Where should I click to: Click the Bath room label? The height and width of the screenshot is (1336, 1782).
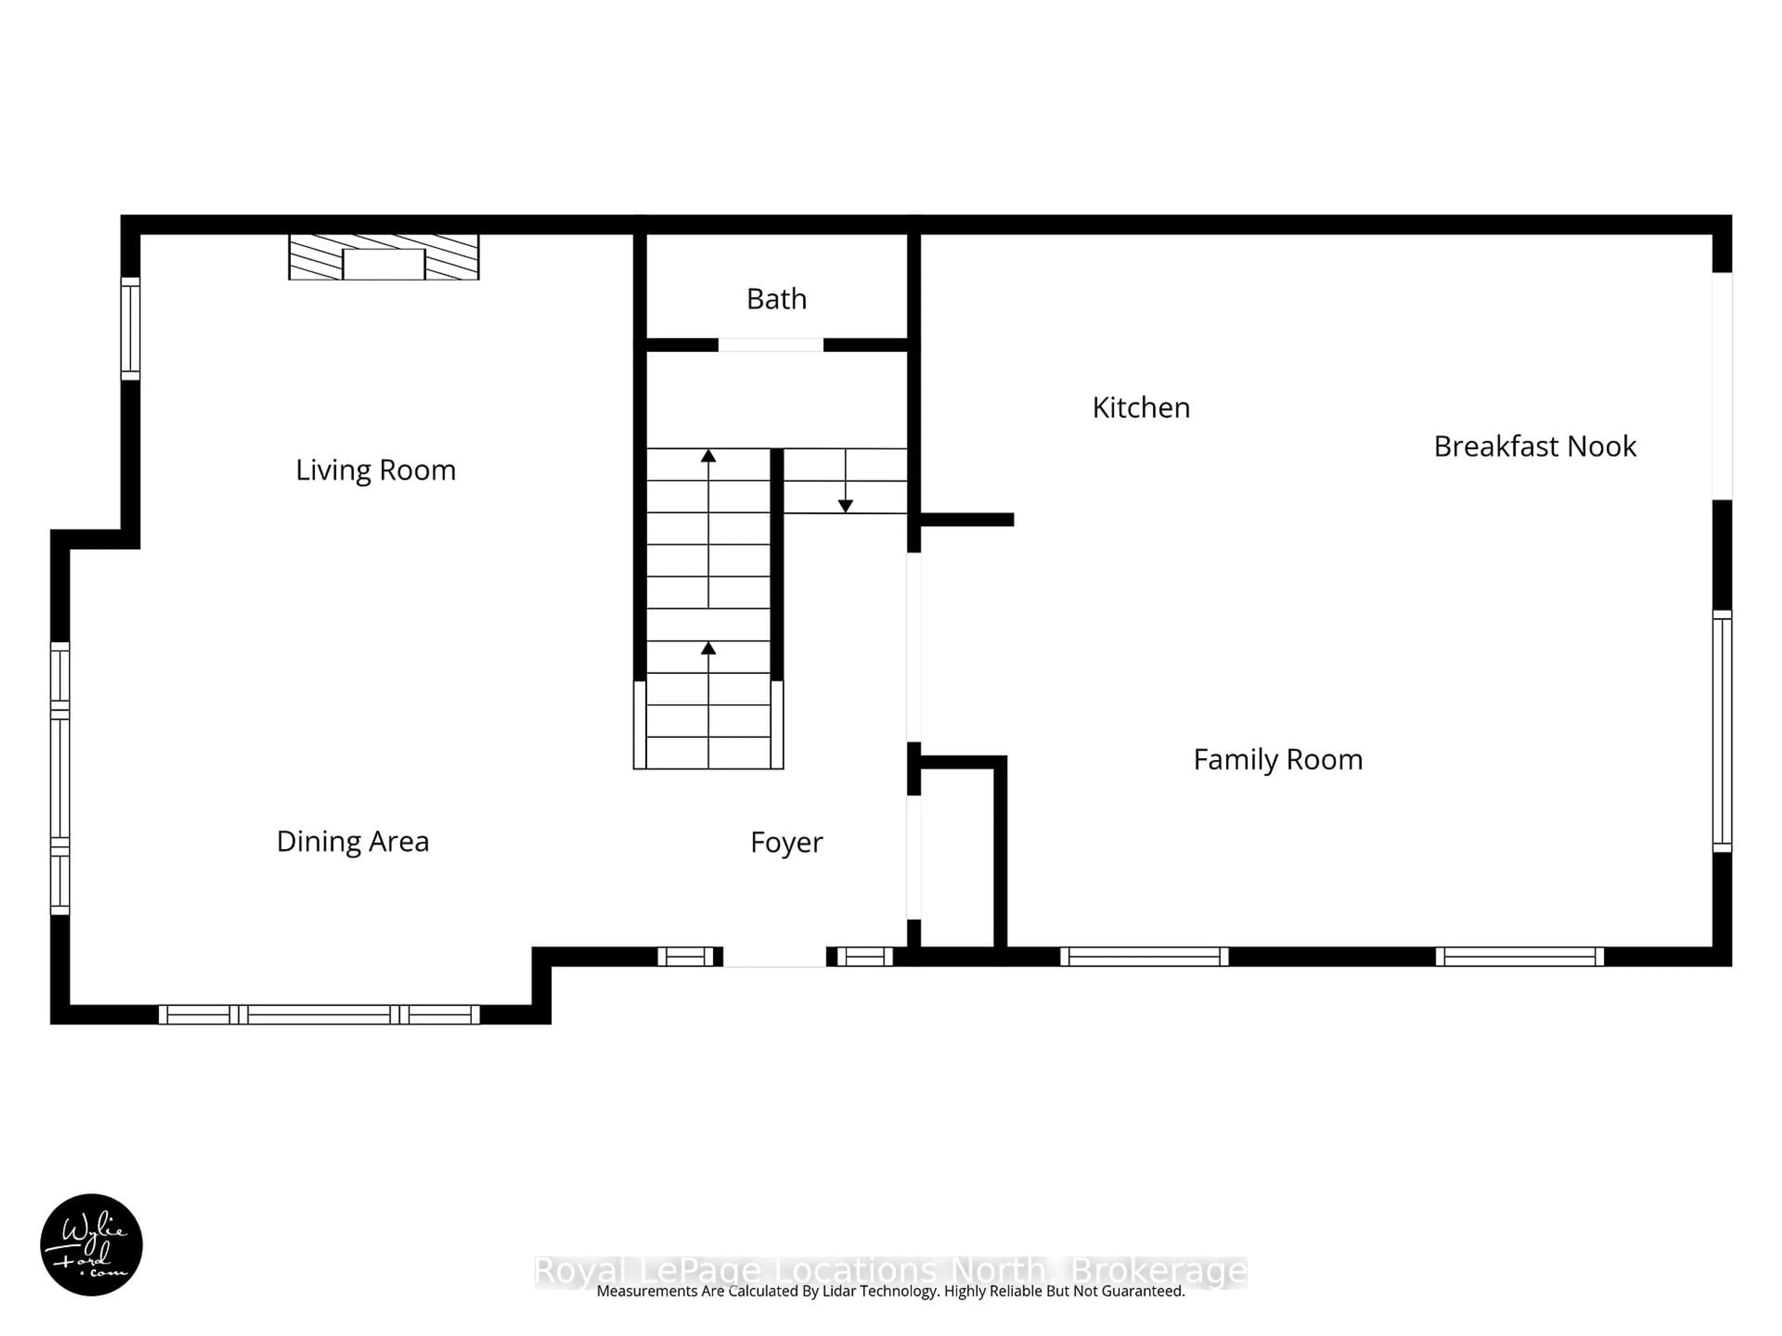[x=776, y=299]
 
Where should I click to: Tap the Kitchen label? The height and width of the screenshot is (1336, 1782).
[x=1141, y=407]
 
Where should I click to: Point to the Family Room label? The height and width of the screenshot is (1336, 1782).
[x=1278, y=759]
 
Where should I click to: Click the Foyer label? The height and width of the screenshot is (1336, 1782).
[x=786, y=842]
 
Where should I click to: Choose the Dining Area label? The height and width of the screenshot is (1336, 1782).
[x=352, y=841]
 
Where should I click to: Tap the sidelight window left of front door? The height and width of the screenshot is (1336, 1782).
[x=686, y=957]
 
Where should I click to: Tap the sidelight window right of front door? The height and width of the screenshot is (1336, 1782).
[x=865, y=957]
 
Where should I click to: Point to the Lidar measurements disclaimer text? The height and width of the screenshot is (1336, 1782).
[x=890, y=1291]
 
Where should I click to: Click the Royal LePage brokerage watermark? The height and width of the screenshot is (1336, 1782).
[x=890, y=1271]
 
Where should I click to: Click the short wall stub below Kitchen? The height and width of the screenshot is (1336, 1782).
[x=967, y=520]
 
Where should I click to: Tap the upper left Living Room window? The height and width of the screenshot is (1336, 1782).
[x=130, y=328]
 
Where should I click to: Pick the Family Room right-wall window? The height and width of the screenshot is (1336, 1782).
[x=1722, y=731]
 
